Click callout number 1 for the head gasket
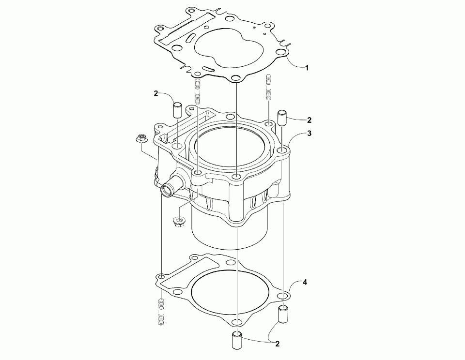307,68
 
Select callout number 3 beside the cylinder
310,134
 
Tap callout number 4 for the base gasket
305,282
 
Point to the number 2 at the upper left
156,94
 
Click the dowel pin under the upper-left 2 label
177,110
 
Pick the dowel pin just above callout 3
281,118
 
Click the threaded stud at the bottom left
160,312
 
